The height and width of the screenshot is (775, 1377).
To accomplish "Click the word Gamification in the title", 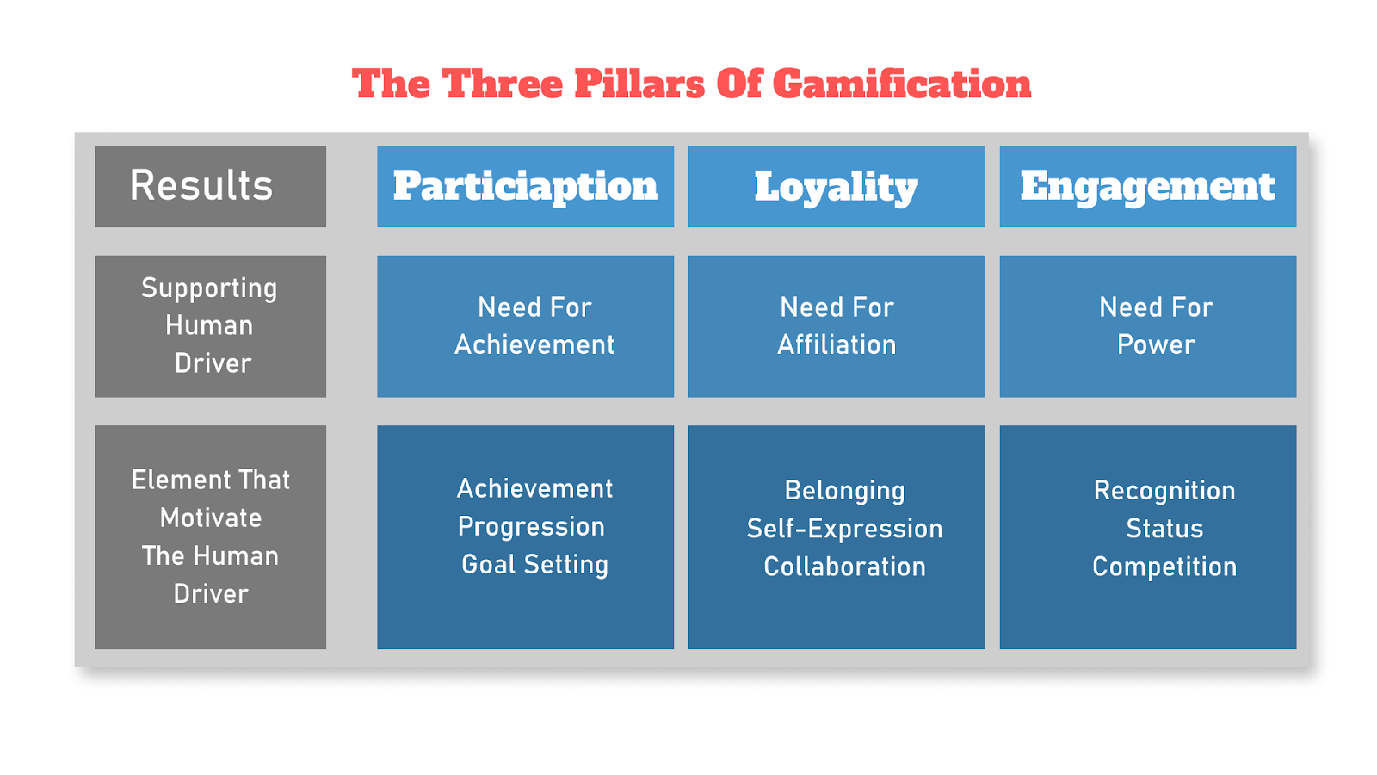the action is [x=901, y=84].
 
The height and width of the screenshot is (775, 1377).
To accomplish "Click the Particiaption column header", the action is [x=525, y=186].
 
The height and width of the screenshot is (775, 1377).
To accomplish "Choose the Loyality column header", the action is [x=837, y=186].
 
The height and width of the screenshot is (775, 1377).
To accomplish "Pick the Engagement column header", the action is [x=1147, y=186].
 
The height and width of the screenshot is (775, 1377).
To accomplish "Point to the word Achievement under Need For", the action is [x=534, y=344].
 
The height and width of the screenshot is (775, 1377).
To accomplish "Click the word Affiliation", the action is [x=837, y=344].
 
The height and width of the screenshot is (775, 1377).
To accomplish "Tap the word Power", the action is [x=1156, y=344].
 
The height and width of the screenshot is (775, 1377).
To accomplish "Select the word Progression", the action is [x=531, y=526].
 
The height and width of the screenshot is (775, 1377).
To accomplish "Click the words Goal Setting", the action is [x=534, y=564].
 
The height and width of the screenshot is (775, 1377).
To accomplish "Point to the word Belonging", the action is [x=844, y=490].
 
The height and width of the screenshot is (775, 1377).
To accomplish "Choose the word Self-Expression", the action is [x=844, y=528].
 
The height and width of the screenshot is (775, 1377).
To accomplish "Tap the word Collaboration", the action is [x=844, y=566].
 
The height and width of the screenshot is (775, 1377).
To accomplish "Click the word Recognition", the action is [x=1164, y=490].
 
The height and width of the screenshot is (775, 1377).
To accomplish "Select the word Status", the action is [x=1164, y=528].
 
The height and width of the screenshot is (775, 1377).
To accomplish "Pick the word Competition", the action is [x=1164, y=566].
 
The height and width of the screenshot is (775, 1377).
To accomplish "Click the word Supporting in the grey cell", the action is [x=209, y=288].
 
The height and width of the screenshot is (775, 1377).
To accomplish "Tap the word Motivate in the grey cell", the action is [x=211, y=518].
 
